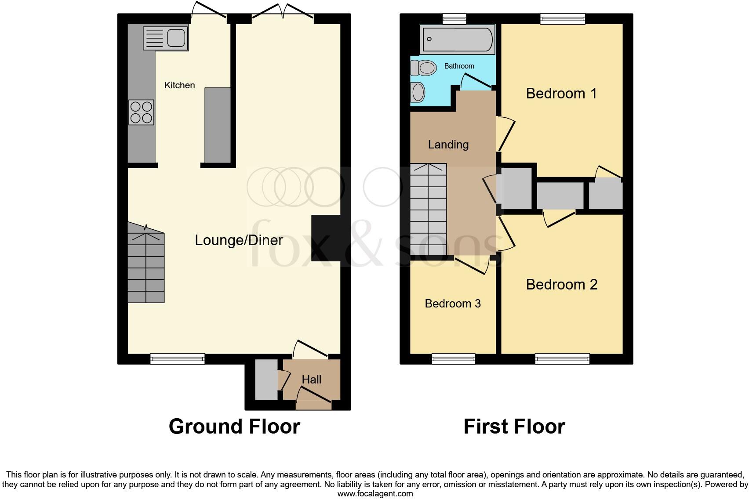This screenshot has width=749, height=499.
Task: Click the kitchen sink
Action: [x=166, y=38]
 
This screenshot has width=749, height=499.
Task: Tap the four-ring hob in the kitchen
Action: [x=141, y=112]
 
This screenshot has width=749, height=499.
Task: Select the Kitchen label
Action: [x=179, y=85]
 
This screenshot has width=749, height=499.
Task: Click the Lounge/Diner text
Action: [x=239, y=240]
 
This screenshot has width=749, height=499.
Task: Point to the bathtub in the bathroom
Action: [x=457, y=39]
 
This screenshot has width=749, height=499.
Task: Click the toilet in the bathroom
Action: [x=423, y=68]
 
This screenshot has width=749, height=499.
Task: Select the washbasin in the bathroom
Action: [x=418, y=93]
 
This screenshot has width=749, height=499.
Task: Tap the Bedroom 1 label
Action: [x=561, y=94]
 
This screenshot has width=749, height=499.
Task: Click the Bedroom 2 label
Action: [x=561, y=285]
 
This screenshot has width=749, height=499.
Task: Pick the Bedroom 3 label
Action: [x=453, y=304]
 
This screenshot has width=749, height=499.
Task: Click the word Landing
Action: [x=448, y=145]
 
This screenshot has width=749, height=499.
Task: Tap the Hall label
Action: [x=311, y=380]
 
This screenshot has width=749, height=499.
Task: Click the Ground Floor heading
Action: [x=234, y=427]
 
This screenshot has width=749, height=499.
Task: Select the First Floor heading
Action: [x=514, y=427]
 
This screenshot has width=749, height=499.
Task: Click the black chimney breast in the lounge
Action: [x=326, y=238]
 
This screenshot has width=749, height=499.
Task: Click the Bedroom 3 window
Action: [x=453, y=359]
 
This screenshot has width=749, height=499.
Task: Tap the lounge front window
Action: [x=178, y=359]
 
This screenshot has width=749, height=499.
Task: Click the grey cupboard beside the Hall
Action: [x=266, y=380]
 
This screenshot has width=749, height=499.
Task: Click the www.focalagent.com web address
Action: [x=374, y=493]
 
